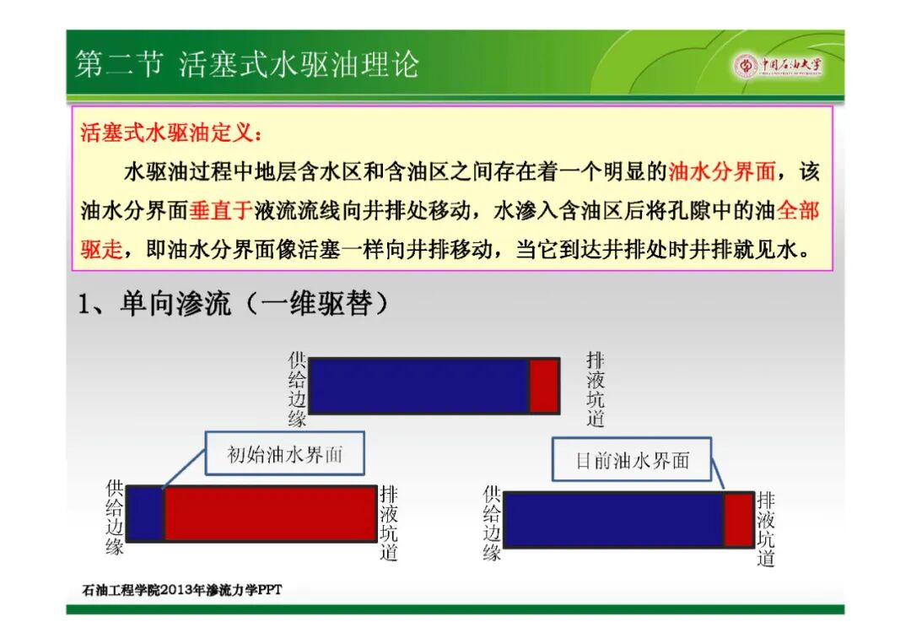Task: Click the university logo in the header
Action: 778,65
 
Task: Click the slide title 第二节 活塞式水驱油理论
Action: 247,64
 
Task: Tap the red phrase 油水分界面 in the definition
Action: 721,171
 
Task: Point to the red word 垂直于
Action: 221,210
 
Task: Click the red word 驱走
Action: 102,249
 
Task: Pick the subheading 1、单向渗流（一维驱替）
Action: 233,303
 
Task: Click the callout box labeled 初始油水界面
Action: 285,453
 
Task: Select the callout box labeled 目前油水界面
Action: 632,460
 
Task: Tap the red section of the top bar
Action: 544,386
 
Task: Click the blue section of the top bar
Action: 418,386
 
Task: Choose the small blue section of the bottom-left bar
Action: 145,514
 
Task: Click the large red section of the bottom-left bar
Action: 270,514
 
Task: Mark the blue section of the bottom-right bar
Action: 613,520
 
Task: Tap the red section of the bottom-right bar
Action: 739,520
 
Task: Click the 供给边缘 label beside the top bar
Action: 297,389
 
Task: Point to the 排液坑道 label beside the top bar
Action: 596,389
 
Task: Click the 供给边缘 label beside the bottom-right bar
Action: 492,523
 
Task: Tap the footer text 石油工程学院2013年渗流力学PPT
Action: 182,590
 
